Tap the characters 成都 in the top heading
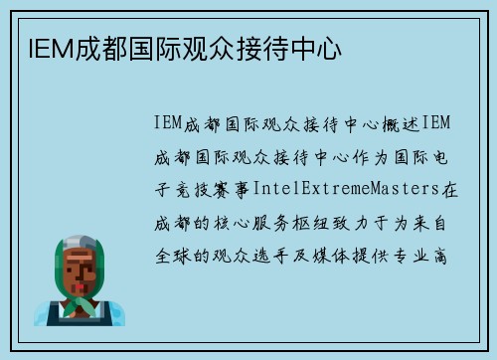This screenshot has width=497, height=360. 88,46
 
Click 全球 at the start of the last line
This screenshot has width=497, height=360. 169,255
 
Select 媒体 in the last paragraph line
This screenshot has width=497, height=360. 345,255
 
